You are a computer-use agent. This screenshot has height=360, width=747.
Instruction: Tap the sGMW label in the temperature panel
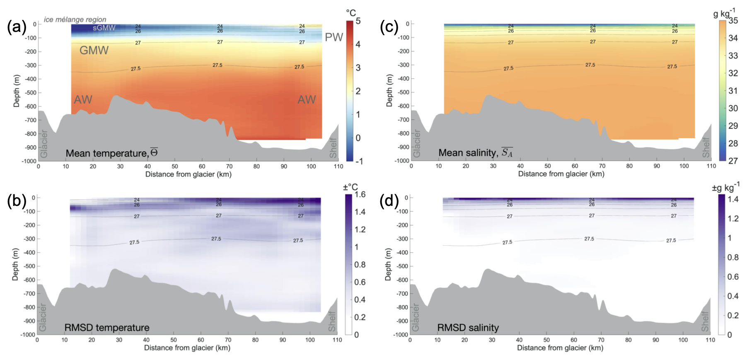[x=104, y=28]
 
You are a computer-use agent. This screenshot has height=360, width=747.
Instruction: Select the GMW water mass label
[x=94, y=51]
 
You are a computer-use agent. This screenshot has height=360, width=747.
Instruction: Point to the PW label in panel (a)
[x=334, y=37]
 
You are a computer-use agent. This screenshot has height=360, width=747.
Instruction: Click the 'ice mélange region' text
[x=75, y=19]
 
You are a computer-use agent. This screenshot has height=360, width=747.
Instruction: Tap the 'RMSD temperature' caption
[x=107, y=328]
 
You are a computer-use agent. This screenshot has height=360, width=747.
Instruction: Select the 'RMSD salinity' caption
[x=468, y=328]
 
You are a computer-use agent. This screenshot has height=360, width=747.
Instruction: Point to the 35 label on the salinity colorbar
[x=733, y=21]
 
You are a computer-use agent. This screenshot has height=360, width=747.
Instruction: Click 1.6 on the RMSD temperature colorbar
[x=360, y=194]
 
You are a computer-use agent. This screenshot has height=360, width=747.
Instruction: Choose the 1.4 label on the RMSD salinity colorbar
[x=733, y=199]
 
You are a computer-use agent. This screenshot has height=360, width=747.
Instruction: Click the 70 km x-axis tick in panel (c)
[x=602, y=166]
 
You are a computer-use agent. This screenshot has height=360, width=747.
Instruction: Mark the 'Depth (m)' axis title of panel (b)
[x=15, y=264]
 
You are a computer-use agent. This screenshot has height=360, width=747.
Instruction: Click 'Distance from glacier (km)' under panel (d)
[x=560, y=348]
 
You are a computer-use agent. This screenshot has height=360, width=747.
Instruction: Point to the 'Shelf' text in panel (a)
[x=333, y=147]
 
